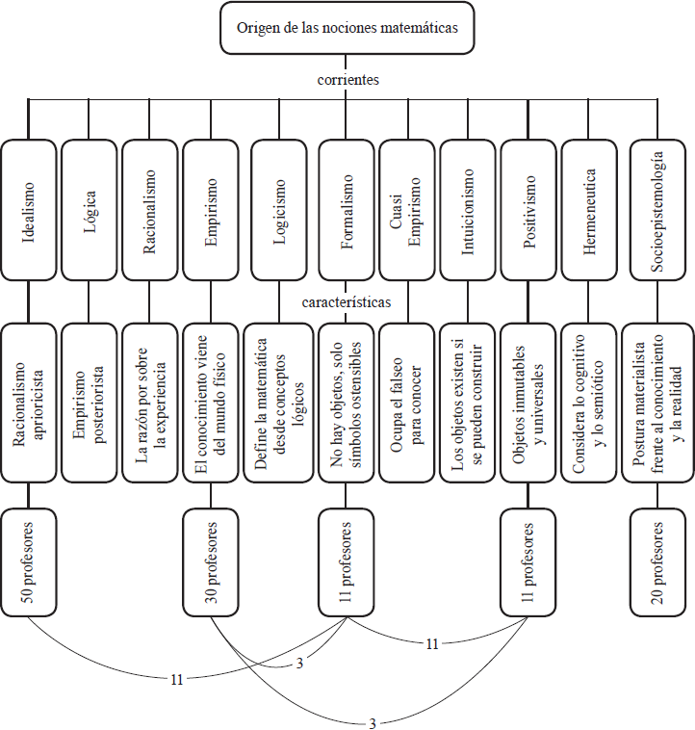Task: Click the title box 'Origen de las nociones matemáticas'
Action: click(347, 27)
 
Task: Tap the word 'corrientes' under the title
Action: click(347, 80)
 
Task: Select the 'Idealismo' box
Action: click(28, 208)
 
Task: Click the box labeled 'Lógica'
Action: click(89, 208)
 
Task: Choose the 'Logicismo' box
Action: click(279, 208)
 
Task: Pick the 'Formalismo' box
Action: click(346, 208)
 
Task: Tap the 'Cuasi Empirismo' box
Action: click(406, 208)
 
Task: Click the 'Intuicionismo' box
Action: click(467, 208)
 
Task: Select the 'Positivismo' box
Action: click(528, 208)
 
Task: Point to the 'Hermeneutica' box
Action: click(589, 208)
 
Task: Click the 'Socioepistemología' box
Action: click(658, 208)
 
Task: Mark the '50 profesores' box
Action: click(28, 562)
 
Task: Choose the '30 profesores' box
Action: click(211, 562)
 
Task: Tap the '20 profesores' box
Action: click(658, 562)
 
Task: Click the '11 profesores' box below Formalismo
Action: click(346, 562)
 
